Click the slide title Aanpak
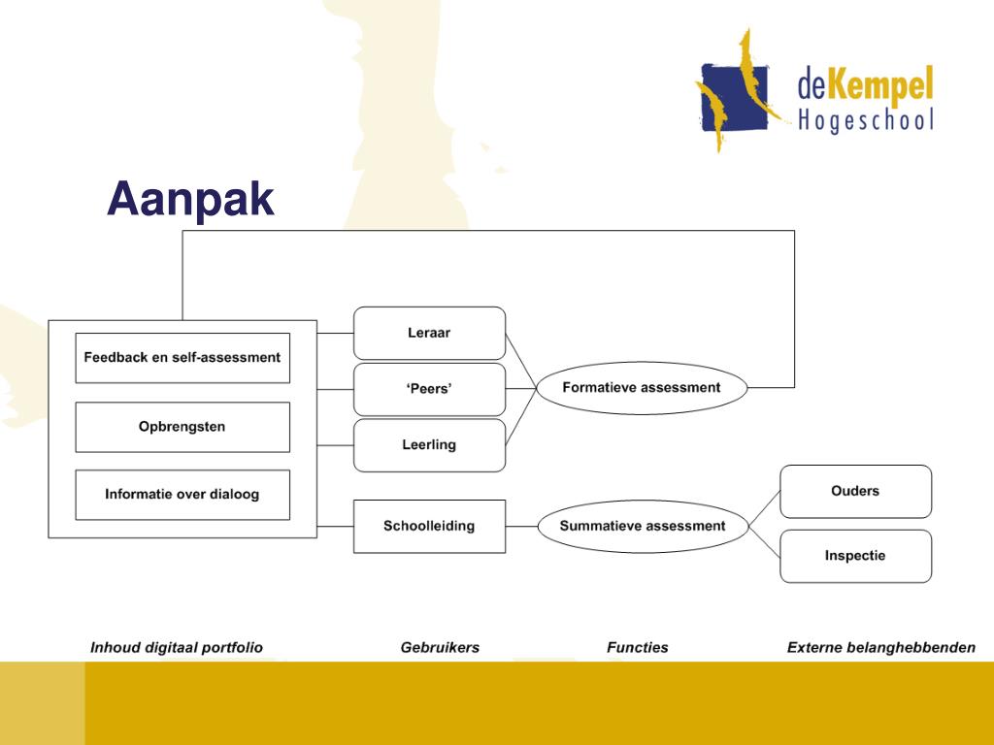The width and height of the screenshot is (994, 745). click(x=190, y=200)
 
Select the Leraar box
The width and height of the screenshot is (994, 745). click(x=429, y=334)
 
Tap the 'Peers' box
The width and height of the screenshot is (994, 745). click(x=429, y=389)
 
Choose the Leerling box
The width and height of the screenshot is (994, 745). click(x=429, y=445)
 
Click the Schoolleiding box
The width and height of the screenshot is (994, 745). click(x=429, y=526)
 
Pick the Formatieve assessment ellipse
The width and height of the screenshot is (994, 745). click(x=642, y=388)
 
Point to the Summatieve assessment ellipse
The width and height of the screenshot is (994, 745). click(x=643, y=526)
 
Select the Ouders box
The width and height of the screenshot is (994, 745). click(x=855, y=491)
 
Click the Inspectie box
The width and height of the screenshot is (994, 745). click(x=855, y=556)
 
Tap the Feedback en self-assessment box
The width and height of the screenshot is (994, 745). click(x=182, y=357)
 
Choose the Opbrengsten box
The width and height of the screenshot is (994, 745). click(x=182, y=427)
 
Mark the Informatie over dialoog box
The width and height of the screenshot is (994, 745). click(x=182, y=494)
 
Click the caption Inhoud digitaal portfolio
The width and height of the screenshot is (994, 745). click(x=177, y=647)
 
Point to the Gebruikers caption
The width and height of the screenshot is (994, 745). click(x=440, y=647)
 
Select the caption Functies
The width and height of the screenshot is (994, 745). click(x=638, y=647)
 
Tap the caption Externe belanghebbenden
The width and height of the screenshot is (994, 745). click(x=881, y=647)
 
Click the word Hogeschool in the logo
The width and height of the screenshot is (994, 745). click(x=866, y=121)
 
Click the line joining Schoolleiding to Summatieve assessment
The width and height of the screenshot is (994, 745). click(x=521, y=527)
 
